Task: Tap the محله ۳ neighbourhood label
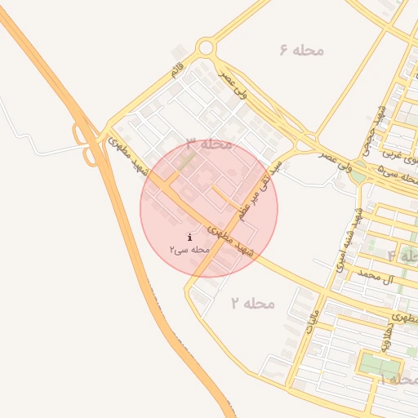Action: [x=210, y=145]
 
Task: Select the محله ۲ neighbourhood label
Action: [x=252, y=303]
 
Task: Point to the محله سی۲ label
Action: [x=190, y=248]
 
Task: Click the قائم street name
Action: [x=176, y=69]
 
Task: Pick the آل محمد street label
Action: [x=382, y=278]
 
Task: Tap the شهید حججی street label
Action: [x=372, y=133]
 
